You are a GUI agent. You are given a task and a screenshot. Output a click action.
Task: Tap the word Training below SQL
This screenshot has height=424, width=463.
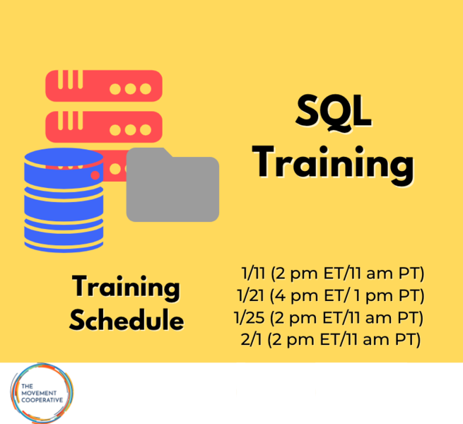[333, 164]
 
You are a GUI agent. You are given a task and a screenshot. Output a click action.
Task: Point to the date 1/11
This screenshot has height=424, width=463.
[250, 273]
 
